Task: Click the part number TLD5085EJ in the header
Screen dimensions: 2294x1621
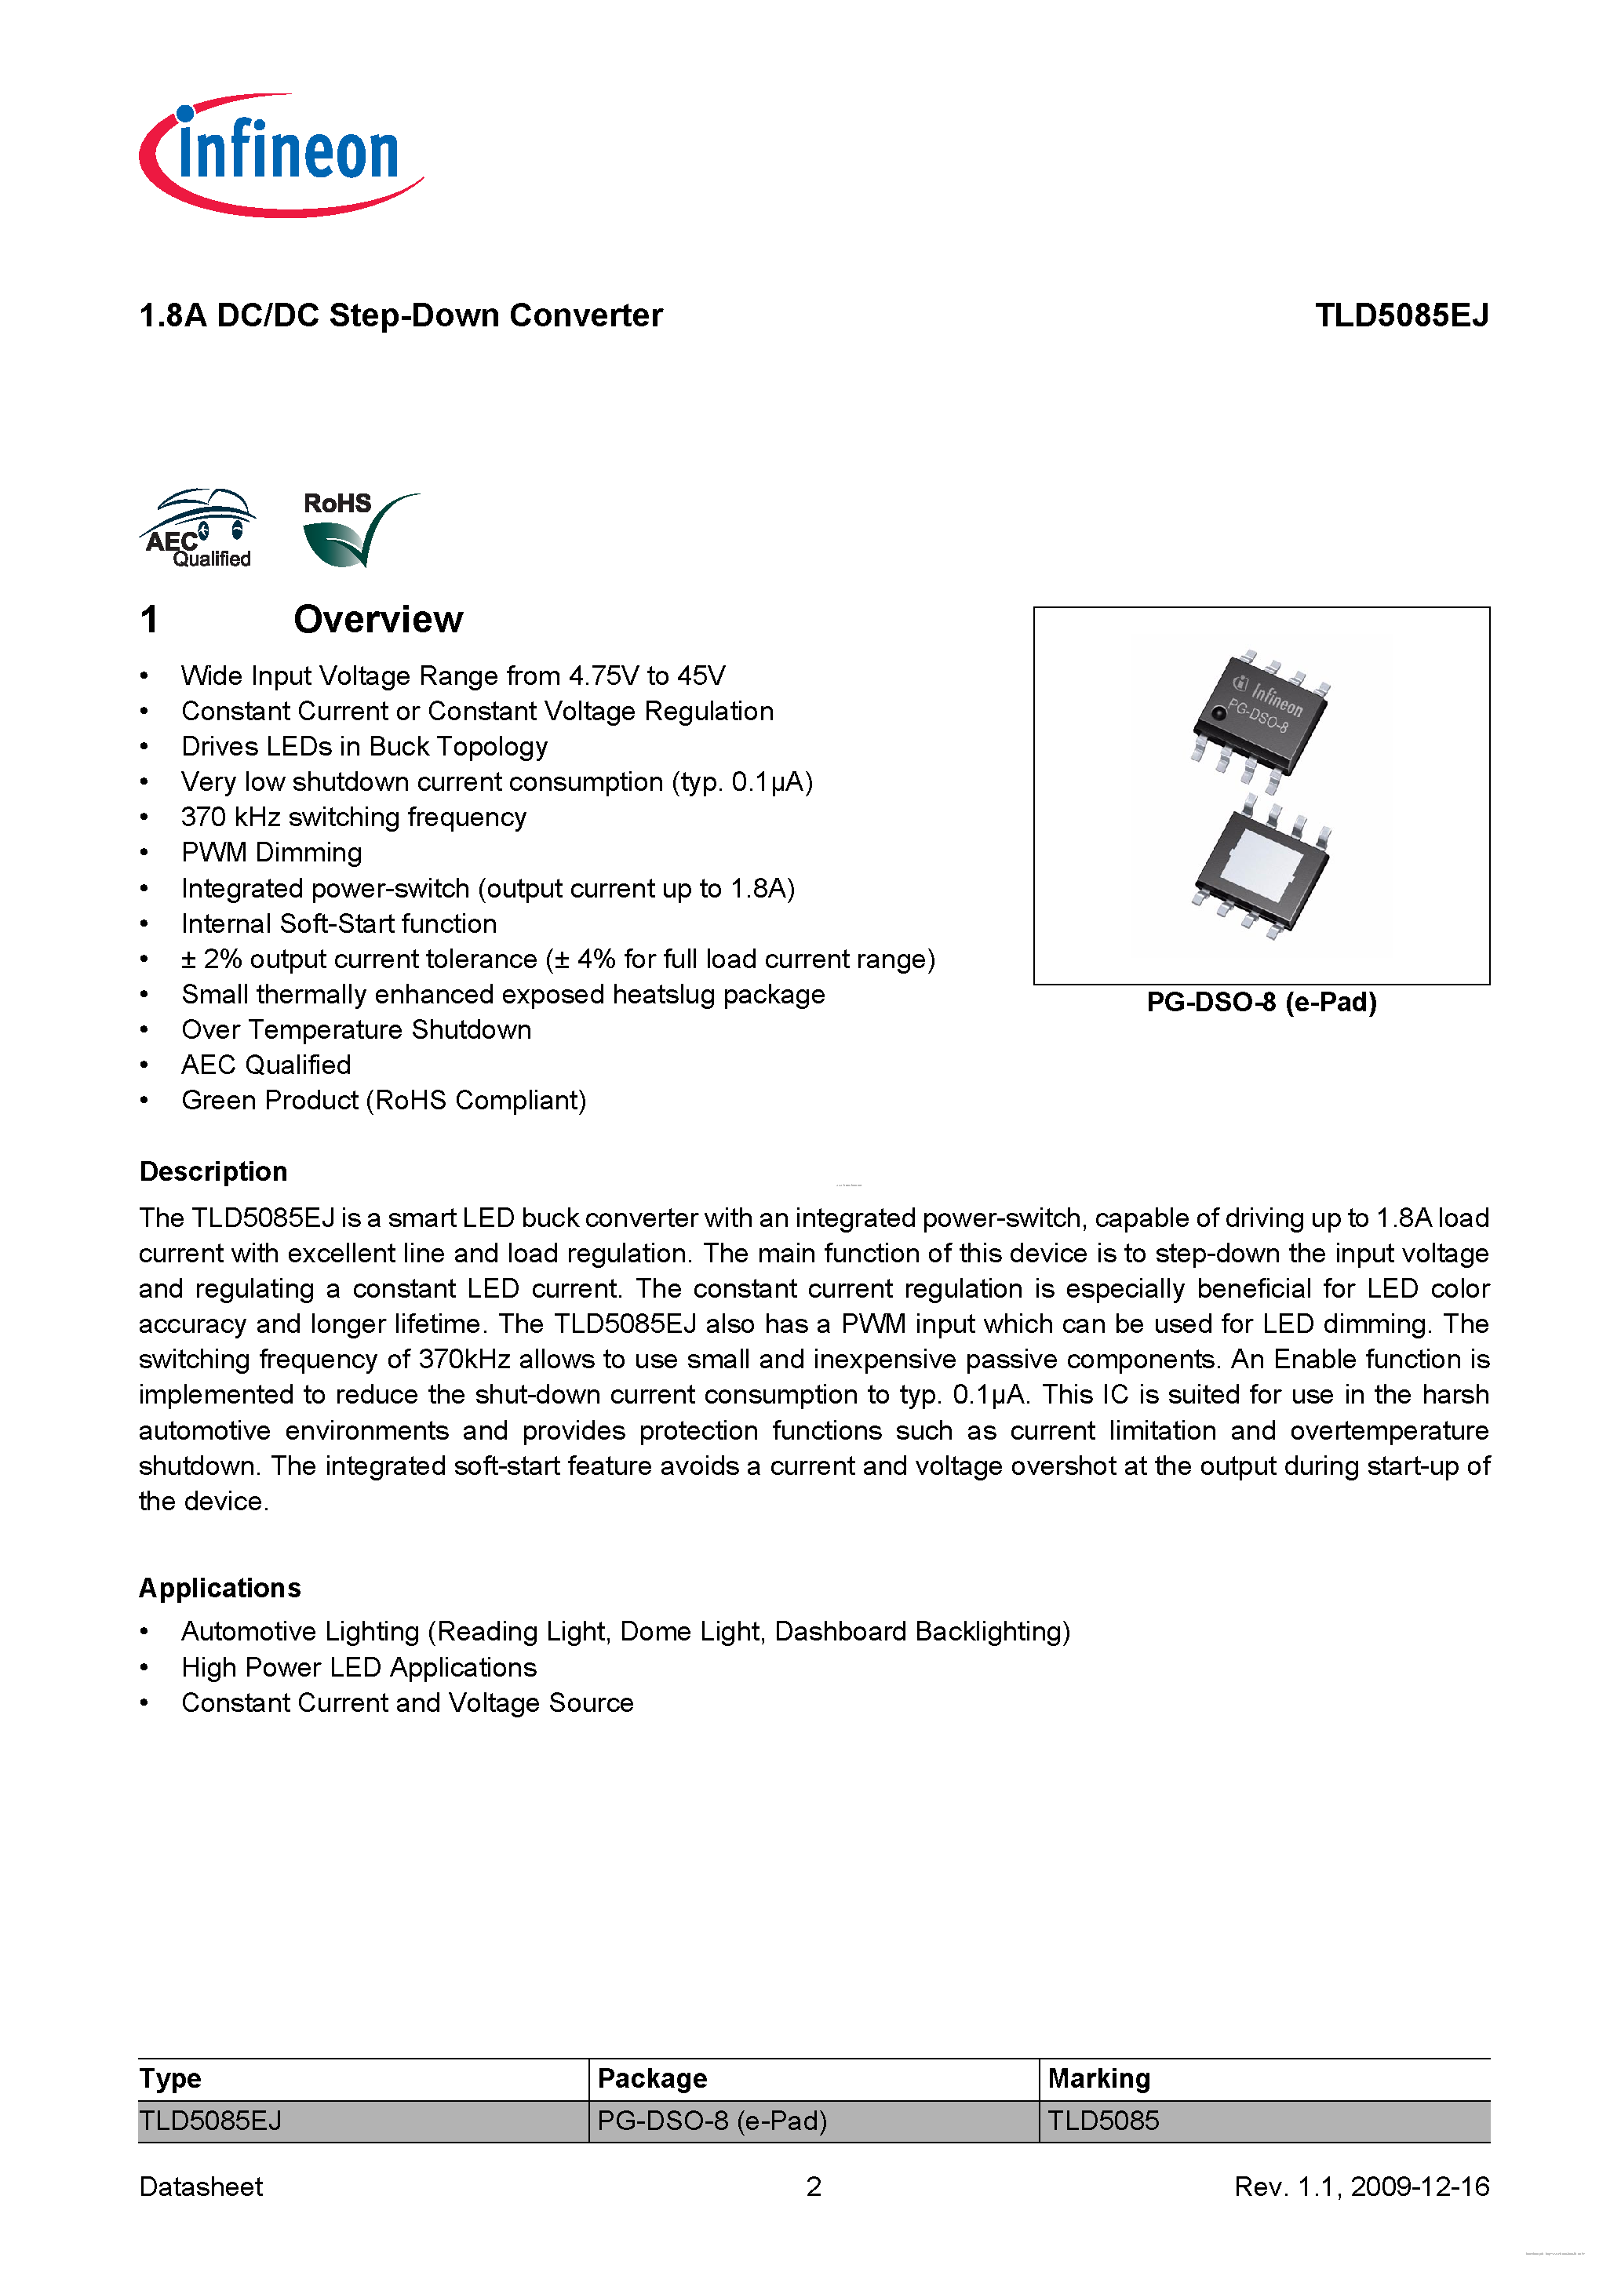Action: [1401, 315]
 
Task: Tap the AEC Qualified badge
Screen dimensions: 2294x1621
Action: [198, 529]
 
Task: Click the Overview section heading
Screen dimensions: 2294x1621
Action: [377, 620]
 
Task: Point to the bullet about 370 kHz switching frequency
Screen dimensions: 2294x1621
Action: [353, 817]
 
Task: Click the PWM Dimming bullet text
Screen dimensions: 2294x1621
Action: [271, 852]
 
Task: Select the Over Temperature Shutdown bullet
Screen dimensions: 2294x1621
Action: [355, 1030]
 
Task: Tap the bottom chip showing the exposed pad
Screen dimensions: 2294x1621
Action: [1261, 867]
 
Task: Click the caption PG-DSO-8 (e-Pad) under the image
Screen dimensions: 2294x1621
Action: [1261, 1002]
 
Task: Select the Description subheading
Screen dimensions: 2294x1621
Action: [213, 1171]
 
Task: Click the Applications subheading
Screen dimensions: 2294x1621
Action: [220, 1588]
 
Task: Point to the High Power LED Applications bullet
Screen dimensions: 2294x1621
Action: [359, 1668]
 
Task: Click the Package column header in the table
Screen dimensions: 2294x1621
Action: [651, 2078]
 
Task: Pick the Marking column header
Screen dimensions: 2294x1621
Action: [1098, 2078]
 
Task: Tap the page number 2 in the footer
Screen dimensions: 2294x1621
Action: [814, 2187]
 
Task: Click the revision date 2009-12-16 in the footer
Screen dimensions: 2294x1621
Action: [1419, 2187]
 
